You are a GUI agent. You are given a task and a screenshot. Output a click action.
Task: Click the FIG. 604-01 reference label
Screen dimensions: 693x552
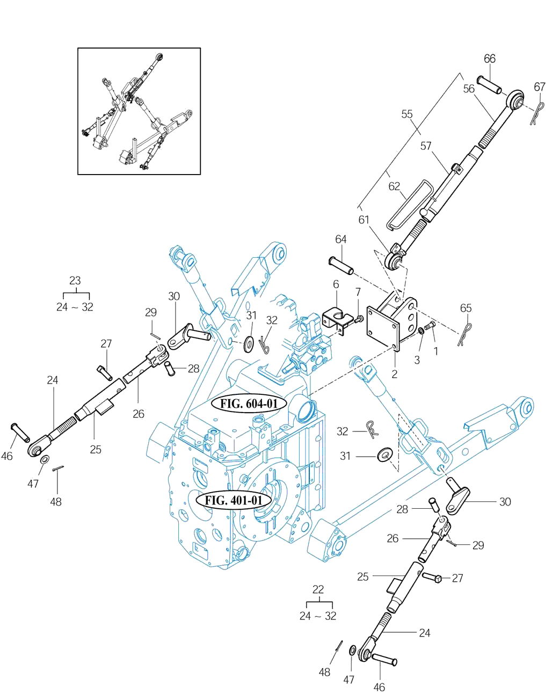pyautogui.click(x=249, y=403)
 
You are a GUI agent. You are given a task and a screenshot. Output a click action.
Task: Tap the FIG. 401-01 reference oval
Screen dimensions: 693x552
pyautogui.click(x=234, y=501)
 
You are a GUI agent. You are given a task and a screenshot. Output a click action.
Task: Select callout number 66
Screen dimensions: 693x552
pyautogui.click(x=489, y=59)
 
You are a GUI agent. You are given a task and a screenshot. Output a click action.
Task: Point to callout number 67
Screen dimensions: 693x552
pyautogui.click(x=539, y=87)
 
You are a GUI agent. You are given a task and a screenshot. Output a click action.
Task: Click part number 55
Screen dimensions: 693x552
pyautogui.click(x=407, y=114)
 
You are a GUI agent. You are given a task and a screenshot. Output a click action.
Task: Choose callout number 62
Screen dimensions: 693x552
pyautogui.click(x=394, y=186)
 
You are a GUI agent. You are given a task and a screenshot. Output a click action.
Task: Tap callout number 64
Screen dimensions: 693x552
pyautogui.click(x=340, y=239)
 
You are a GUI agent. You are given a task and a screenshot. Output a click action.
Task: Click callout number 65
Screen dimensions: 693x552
pyautogui.click(x=466, y=308)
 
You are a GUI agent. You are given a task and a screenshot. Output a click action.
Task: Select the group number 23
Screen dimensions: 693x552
pyautogui.click(x=75, y=280)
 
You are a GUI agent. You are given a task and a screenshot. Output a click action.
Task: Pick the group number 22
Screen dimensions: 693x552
pyautogui.click(x=318, y=589)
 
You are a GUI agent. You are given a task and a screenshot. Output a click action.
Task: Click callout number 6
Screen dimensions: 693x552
pyautogui.click(x=336, y=284)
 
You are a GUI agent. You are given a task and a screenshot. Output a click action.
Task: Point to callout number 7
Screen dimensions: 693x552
pyautogui.click(x=358, y=292)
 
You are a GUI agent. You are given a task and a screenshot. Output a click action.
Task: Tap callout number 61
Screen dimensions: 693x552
pyautogui.click(x=364, y=220)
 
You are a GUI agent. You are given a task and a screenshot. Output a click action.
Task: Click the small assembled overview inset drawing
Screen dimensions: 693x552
pyautogui.click(x=139, y=111)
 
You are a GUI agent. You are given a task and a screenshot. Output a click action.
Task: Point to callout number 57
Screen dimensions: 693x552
pyautogui.click(x=426, y=146)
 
